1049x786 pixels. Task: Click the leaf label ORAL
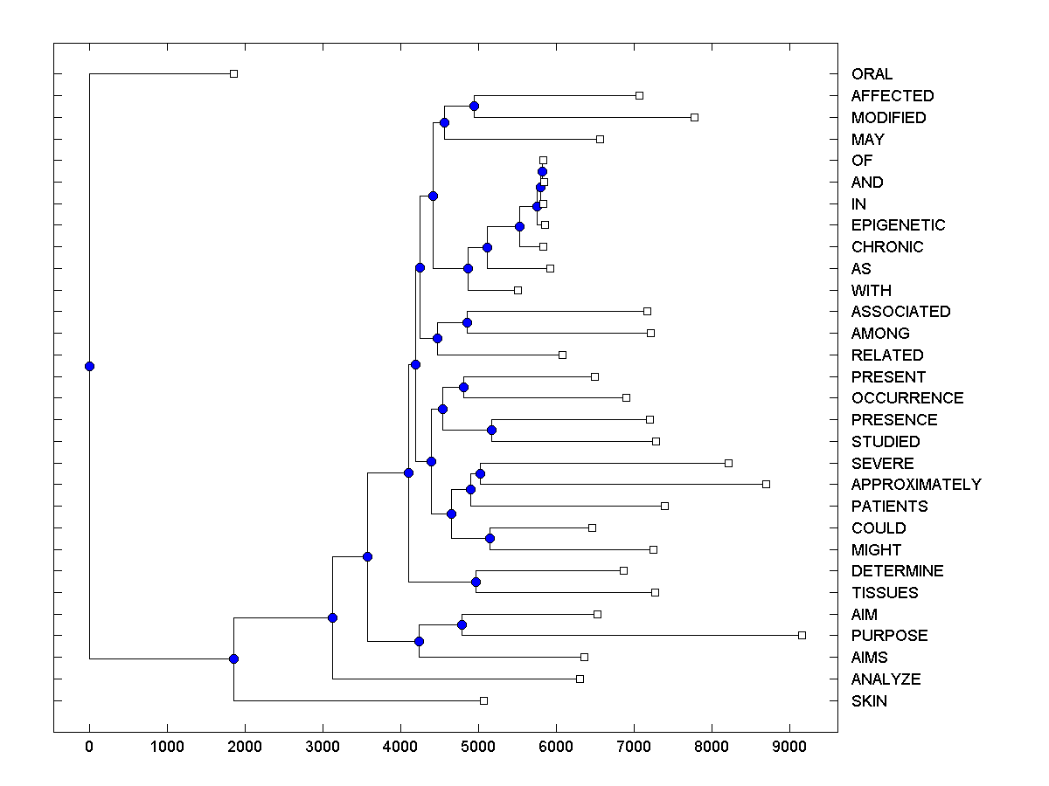[872, 74]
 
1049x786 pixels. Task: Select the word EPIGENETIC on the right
[898, 225]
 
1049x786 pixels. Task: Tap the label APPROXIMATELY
[916, 485]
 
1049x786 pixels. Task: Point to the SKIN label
[869, 701]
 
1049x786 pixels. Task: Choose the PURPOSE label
[889, 636]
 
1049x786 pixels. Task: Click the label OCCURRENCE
[907, 398]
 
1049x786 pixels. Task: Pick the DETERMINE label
[897, 571]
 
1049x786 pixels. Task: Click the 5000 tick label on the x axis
[478, 747]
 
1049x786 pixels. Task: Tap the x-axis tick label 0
[89, 747]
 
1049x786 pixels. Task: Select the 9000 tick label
[789, 747]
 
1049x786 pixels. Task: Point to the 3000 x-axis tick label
[323, 747]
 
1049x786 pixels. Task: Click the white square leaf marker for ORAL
[233, 73]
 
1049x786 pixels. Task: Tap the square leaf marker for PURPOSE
[802, 635]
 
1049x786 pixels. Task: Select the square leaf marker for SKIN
[483, 700]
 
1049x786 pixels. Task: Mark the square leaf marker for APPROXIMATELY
[766, 484]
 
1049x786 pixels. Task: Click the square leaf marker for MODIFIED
[694, 117]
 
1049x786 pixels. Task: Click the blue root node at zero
[89, 366]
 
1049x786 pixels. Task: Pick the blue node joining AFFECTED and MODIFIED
[474, 107]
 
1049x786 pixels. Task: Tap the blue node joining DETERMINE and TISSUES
[476, 582]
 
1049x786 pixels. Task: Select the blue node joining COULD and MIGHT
[490, 538]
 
